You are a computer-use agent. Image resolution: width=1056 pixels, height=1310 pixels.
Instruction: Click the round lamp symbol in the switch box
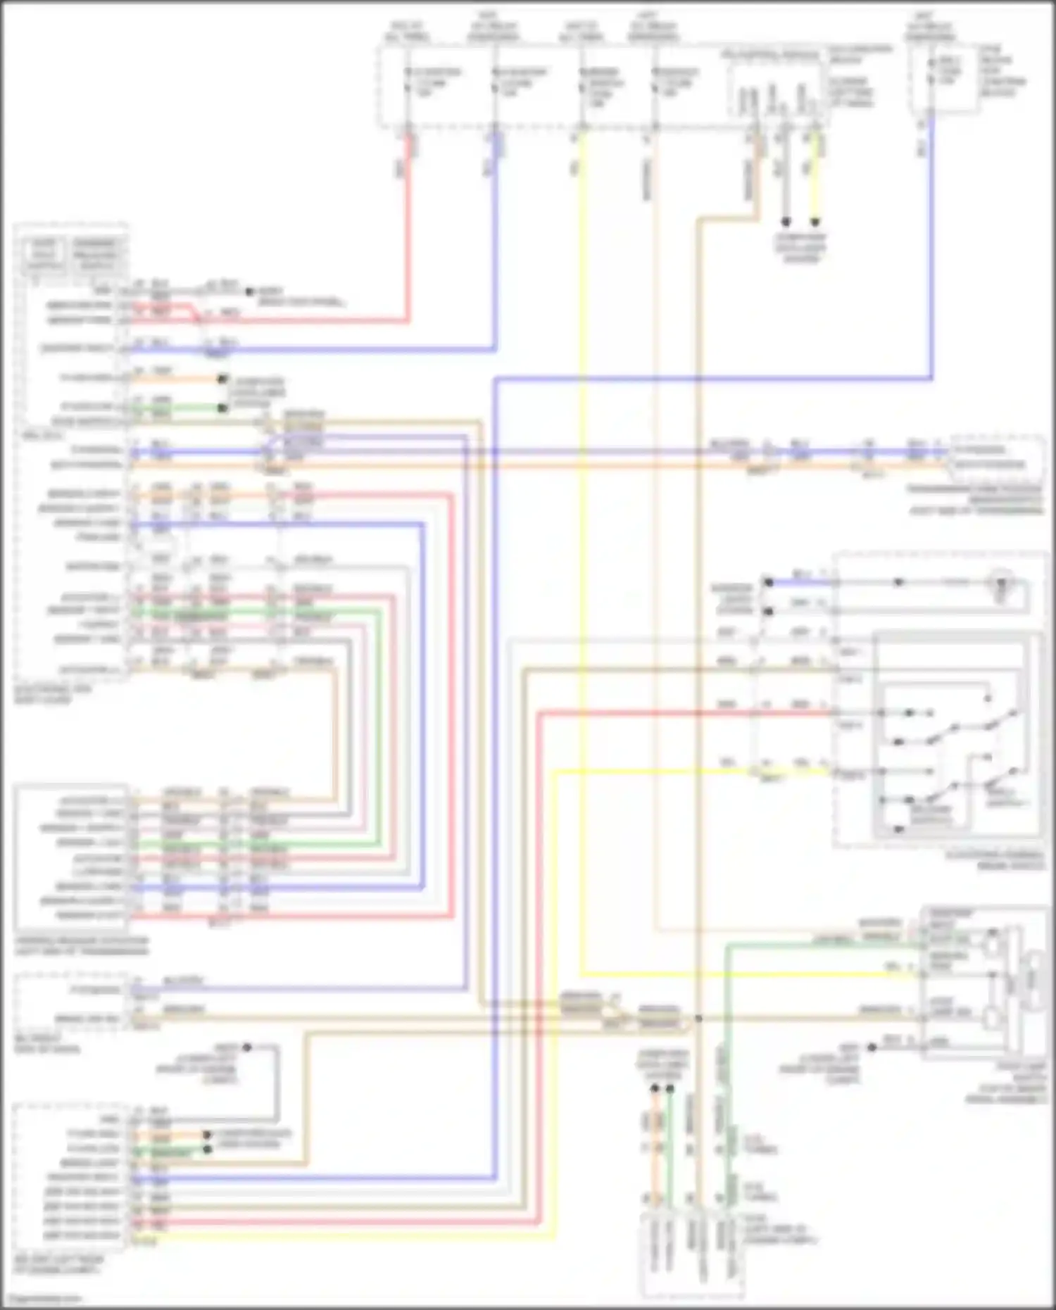(x=1001, y=584)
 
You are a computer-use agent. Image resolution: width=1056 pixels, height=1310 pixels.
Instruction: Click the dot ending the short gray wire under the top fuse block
(x=786, y=222)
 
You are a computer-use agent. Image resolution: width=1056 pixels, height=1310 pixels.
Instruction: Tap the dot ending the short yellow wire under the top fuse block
(x=815, y=222)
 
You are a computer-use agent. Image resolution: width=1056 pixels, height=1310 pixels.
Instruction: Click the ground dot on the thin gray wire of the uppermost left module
(x=249, y=291)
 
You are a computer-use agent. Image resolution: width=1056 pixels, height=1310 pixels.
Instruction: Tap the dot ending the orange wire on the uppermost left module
(x=222, y=379)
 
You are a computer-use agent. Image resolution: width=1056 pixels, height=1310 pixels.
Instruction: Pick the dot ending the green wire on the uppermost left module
(x=222, y=408)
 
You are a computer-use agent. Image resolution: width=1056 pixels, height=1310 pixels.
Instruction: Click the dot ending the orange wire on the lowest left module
(x=207, y=1135)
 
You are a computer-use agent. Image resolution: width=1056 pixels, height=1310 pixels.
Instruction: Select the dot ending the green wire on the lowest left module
(x=207, y=1149)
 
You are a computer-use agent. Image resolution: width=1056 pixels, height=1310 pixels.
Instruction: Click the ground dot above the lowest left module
(x=247, y=1047)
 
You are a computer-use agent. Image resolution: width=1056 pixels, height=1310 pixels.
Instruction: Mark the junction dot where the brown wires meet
(x=698, y=1018)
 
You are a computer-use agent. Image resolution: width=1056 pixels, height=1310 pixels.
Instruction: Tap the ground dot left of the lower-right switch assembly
(x=872, y=1047)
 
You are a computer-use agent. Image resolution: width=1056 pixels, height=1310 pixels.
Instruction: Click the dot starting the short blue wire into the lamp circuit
(x=769, y=582)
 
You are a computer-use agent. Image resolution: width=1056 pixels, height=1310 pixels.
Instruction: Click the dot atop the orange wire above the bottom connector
(x=654, y=1089)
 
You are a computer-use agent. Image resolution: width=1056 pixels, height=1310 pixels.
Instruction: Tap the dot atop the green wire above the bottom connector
(x=670, y=1089)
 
